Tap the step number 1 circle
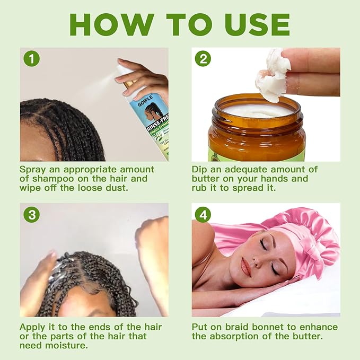(x=32, y=58)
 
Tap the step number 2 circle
(x=203, y=58)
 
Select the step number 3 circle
(x=32, y=214)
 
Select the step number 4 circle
(x=203, y=214)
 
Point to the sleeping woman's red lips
(x=245, y=268)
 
